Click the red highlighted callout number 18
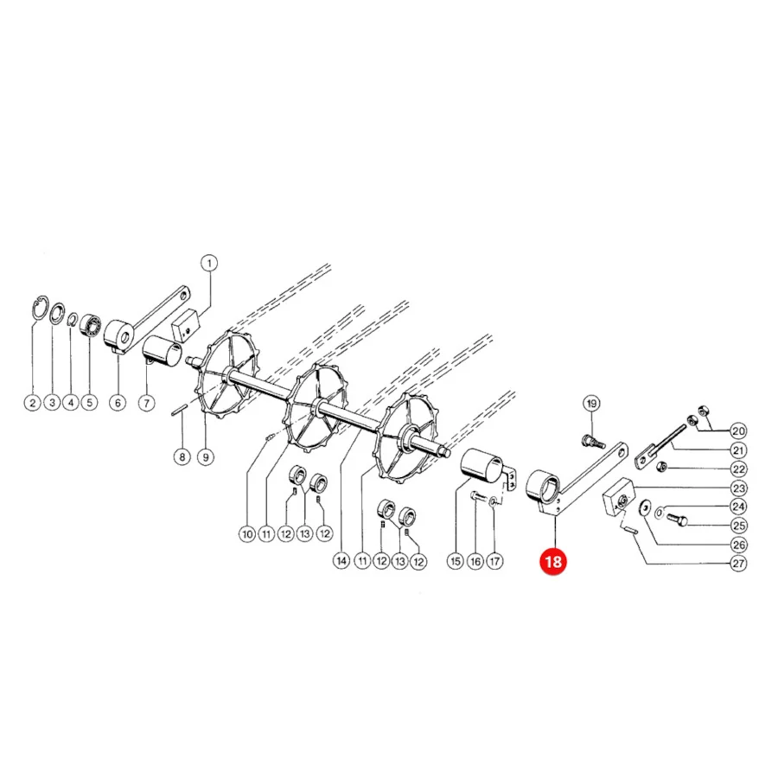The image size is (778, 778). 552,562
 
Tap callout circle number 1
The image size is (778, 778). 209,263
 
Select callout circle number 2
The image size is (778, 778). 33,402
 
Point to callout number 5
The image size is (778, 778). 89,402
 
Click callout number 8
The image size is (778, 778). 182,456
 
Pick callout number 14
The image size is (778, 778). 341,561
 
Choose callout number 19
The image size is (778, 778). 591,404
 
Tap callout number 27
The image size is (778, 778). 739,564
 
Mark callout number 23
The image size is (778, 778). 739,488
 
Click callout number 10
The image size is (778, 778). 247,534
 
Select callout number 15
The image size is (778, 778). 456,561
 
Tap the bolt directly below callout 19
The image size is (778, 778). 593,440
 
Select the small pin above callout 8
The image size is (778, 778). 179,411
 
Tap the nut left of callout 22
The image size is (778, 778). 660,468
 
